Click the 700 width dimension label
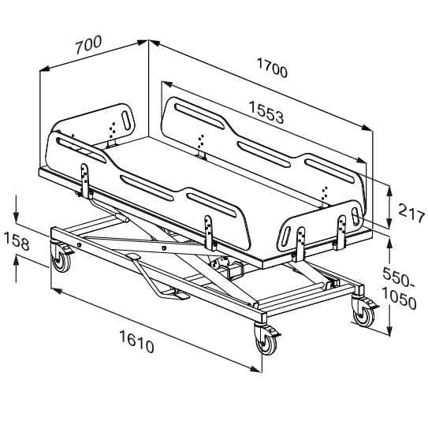[x=89, y=44]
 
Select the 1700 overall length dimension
[x=272, y=68]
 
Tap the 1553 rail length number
[x=266, y=112]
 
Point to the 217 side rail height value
[x=412, y=213]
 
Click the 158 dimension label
[x=17, y=240]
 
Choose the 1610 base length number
[x=136, y=341]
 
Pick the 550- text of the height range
[x=399, y=277]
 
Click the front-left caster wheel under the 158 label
[x=61, y=259]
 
